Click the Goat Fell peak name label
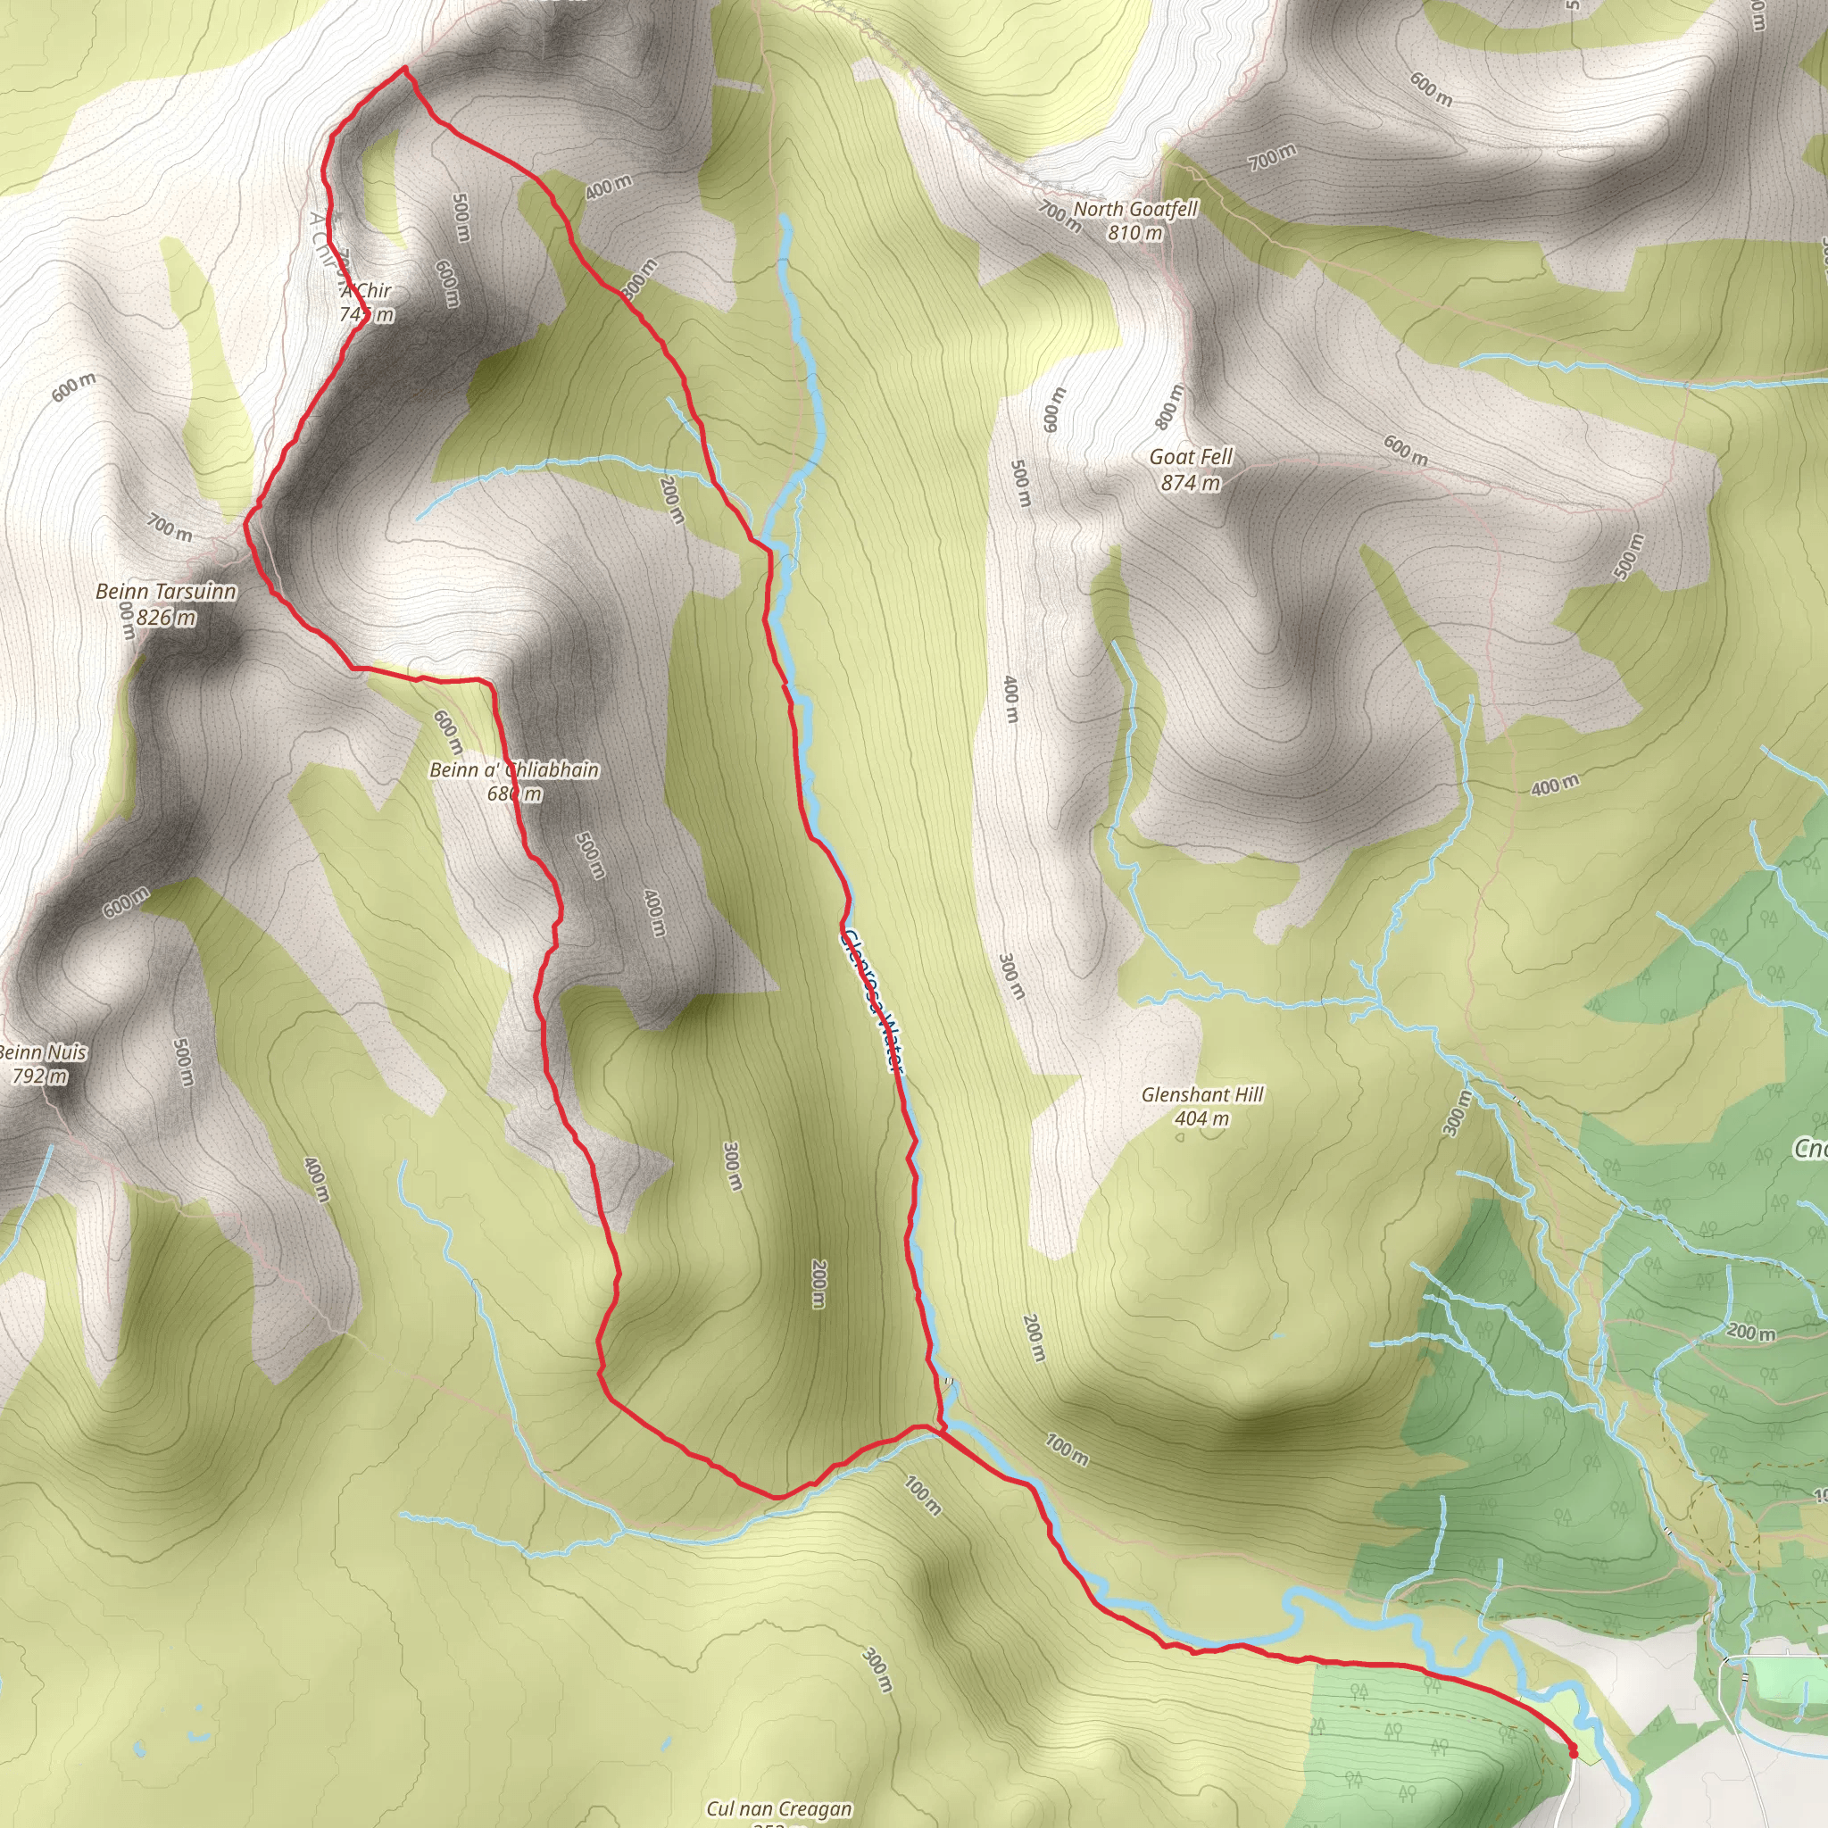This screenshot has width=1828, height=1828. [1191, 457]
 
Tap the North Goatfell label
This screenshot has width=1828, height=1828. [1135, 209]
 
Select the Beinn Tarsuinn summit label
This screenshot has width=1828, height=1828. [167, 593]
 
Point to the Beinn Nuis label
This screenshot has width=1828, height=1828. [44, 1052]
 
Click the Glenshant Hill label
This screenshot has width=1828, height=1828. [1201, 1094]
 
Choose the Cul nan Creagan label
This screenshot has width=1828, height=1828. [778, 1809]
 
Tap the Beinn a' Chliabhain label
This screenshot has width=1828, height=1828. [514, 770]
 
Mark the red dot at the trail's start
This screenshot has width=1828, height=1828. [1574, 1751]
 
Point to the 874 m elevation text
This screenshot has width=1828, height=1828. [1191, 483]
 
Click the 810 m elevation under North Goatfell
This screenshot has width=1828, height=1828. [1135, 233]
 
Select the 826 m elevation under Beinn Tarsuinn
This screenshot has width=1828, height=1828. [167, 618]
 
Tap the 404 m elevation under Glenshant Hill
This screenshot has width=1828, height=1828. [1201, 1118]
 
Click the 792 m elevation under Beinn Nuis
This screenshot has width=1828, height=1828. [40, 1076]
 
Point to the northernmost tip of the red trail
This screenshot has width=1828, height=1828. [405, 68]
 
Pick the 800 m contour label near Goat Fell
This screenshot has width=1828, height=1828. [1169, 407]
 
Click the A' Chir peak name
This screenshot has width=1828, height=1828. [366, 290]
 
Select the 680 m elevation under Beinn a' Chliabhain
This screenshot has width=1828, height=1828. [514, 794]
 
